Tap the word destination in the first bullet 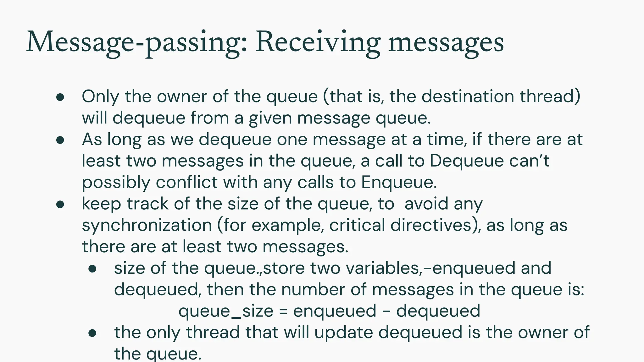(468, 96)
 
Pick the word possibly (116, 182)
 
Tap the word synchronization (147, 225)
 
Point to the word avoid (426, 204)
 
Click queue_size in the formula (226, 311)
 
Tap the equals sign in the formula (283, 311)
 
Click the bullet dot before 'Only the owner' (60, 97)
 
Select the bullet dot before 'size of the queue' (92, 269)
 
